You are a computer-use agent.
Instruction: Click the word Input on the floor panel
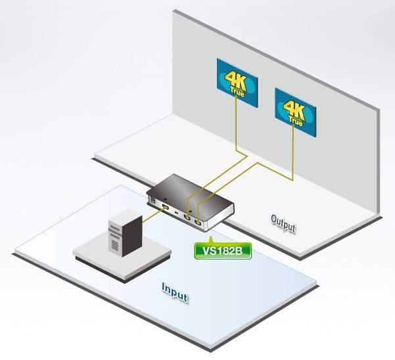click(175, 292)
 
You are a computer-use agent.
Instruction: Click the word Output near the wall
click(283, 223)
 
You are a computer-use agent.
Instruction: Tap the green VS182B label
click(223, 251)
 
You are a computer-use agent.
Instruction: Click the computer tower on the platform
click(125, 233)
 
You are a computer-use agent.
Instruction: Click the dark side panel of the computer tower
click(132, 236)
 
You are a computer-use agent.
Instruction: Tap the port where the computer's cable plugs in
click(166, 208)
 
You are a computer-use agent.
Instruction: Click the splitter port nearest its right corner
click(198, 222)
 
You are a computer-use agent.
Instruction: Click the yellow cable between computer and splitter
click(152, 215)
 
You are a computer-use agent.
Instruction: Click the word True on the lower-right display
click(296, 122)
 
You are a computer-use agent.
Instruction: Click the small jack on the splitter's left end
click(153, 200)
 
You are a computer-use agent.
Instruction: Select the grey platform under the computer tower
click(122, 256)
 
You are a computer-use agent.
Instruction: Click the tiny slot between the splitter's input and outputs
click(176, 214)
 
